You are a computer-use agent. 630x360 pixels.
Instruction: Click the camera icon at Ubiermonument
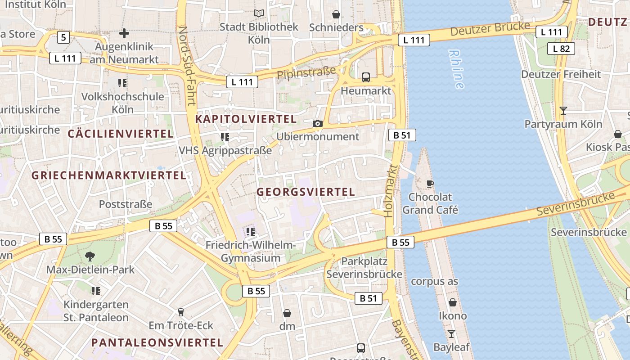click(318, 123)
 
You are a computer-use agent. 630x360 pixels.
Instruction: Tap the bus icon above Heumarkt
click(365, 77)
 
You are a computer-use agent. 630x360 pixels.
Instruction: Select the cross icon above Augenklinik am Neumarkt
click(124, 33)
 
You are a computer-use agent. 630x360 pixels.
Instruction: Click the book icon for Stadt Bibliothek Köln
click(259, 13)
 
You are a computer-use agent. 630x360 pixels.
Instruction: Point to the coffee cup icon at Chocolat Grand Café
click(430, 184)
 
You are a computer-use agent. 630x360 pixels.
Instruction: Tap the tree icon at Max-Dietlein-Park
click(90, 256)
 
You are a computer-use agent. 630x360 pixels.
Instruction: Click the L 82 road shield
click(561, 49)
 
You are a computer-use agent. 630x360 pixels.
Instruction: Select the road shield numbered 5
click(63, 37)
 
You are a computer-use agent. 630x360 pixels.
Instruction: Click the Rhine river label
click(456, 69)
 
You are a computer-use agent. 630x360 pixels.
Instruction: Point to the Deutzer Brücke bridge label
click(490, 29)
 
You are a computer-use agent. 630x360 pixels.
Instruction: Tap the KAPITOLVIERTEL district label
click(246, 119)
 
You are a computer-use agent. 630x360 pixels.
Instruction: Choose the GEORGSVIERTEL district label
click(306, 192)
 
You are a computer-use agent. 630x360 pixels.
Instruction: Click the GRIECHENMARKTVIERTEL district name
click(108, 175)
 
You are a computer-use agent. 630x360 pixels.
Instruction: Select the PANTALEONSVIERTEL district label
click(157, 342)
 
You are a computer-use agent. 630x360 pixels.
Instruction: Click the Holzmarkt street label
click(391, 191)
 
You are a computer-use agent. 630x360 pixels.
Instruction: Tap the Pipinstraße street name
click(306, 73)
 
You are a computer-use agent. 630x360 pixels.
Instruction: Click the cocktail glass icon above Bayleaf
click(451, 334)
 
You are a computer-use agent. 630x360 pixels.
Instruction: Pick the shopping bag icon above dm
click(287, 313)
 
